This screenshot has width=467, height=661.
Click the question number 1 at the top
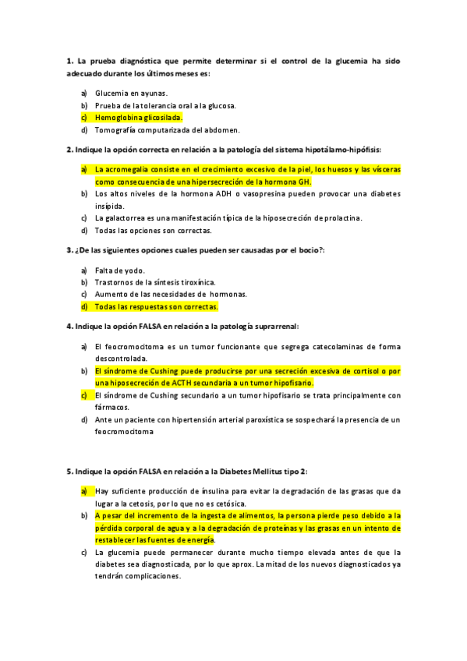tap(69, 60)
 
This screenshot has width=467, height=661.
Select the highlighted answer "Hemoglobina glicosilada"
tap(138, 118)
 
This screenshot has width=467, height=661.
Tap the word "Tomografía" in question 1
tap(116, 130)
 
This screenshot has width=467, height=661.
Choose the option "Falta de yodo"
tap(119, 270)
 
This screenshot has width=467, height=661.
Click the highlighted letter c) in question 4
tap(83, 395)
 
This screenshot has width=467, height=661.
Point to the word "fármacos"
tap(111, 407)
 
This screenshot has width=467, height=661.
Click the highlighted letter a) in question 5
tap(83, 491)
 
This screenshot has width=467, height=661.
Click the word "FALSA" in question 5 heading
tap(155, 471)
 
